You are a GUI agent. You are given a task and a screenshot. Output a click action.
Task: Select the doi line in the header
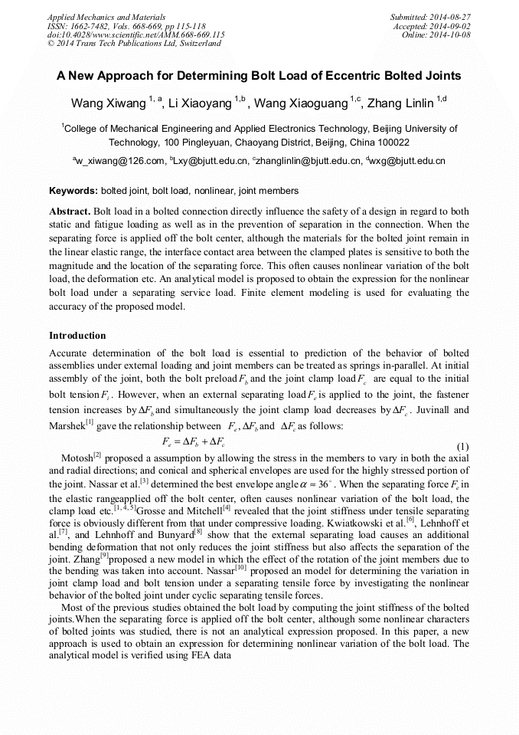tap(135, 34)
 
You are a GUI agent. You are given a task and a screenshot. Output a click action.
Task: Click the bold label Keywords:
tap(73, 190)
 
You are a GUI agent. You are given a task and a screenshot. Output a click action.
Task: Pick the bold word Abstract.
tap(70, 211)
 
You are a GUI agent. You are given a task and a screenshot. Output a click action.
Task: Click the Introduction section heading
tap(77, 336)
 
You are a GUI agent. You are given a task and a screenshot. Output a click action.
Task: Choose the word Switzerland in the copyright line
tap(197, 44)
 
